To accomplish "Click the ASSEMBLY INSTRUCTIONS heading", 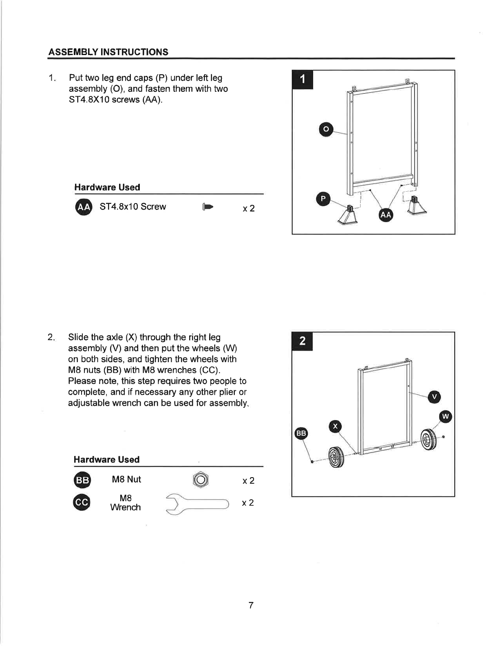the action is pyautogui.click(x=108, y=52).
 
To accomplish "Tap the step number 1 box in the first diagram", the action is pyautogui.click(x=302, y=80).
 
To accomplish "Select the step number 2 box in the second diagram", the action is pyautogui.click(x=302, y=341).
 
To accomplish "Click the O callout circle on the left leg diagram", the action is pyautogui.click(x=326, y=129).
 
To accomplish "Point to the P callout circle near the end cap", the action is pyautogui.click(x=323, y=199).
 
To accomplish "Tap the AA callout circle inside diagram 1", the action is pyautogui.click(x=386, y=215).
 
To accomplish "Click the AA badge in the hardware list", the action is pyautogui.click(x=84, y=207).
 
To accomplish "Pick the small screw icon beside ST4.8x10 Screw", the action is pyautogui.click(x=208, y=207).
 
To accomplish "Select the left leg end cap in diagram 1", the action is pyautogui.click(x=348, y=215).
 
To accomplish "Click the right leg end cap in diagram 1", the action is pyautogui.click(x=416, y=206).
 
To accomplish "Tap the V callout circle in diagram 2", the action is pyautogui.click(x=434, y=397).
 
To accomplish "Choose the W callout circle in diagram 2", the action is pyautogui.click(x=446, y=416).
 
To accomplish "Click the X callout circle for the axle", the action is pyautogui.click(x=335, y=427).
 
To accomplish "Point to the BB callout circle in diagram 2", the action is pyautogui.click(x=301, y=433).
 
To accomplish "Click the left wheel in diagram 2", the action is pyautogui.click(x=336, y=457).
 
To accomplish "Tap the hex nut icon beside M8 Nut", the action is pyautogui.click(x=201, y=480).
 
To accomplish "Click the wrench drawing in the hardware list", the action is pyautogui.click(x=197, y=504).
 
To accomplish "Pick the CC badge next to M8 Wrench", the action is pyautogui.click(x=82, y=502).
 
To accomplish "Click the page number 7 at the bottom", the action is pyautogui.click(x=251, y=605).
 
